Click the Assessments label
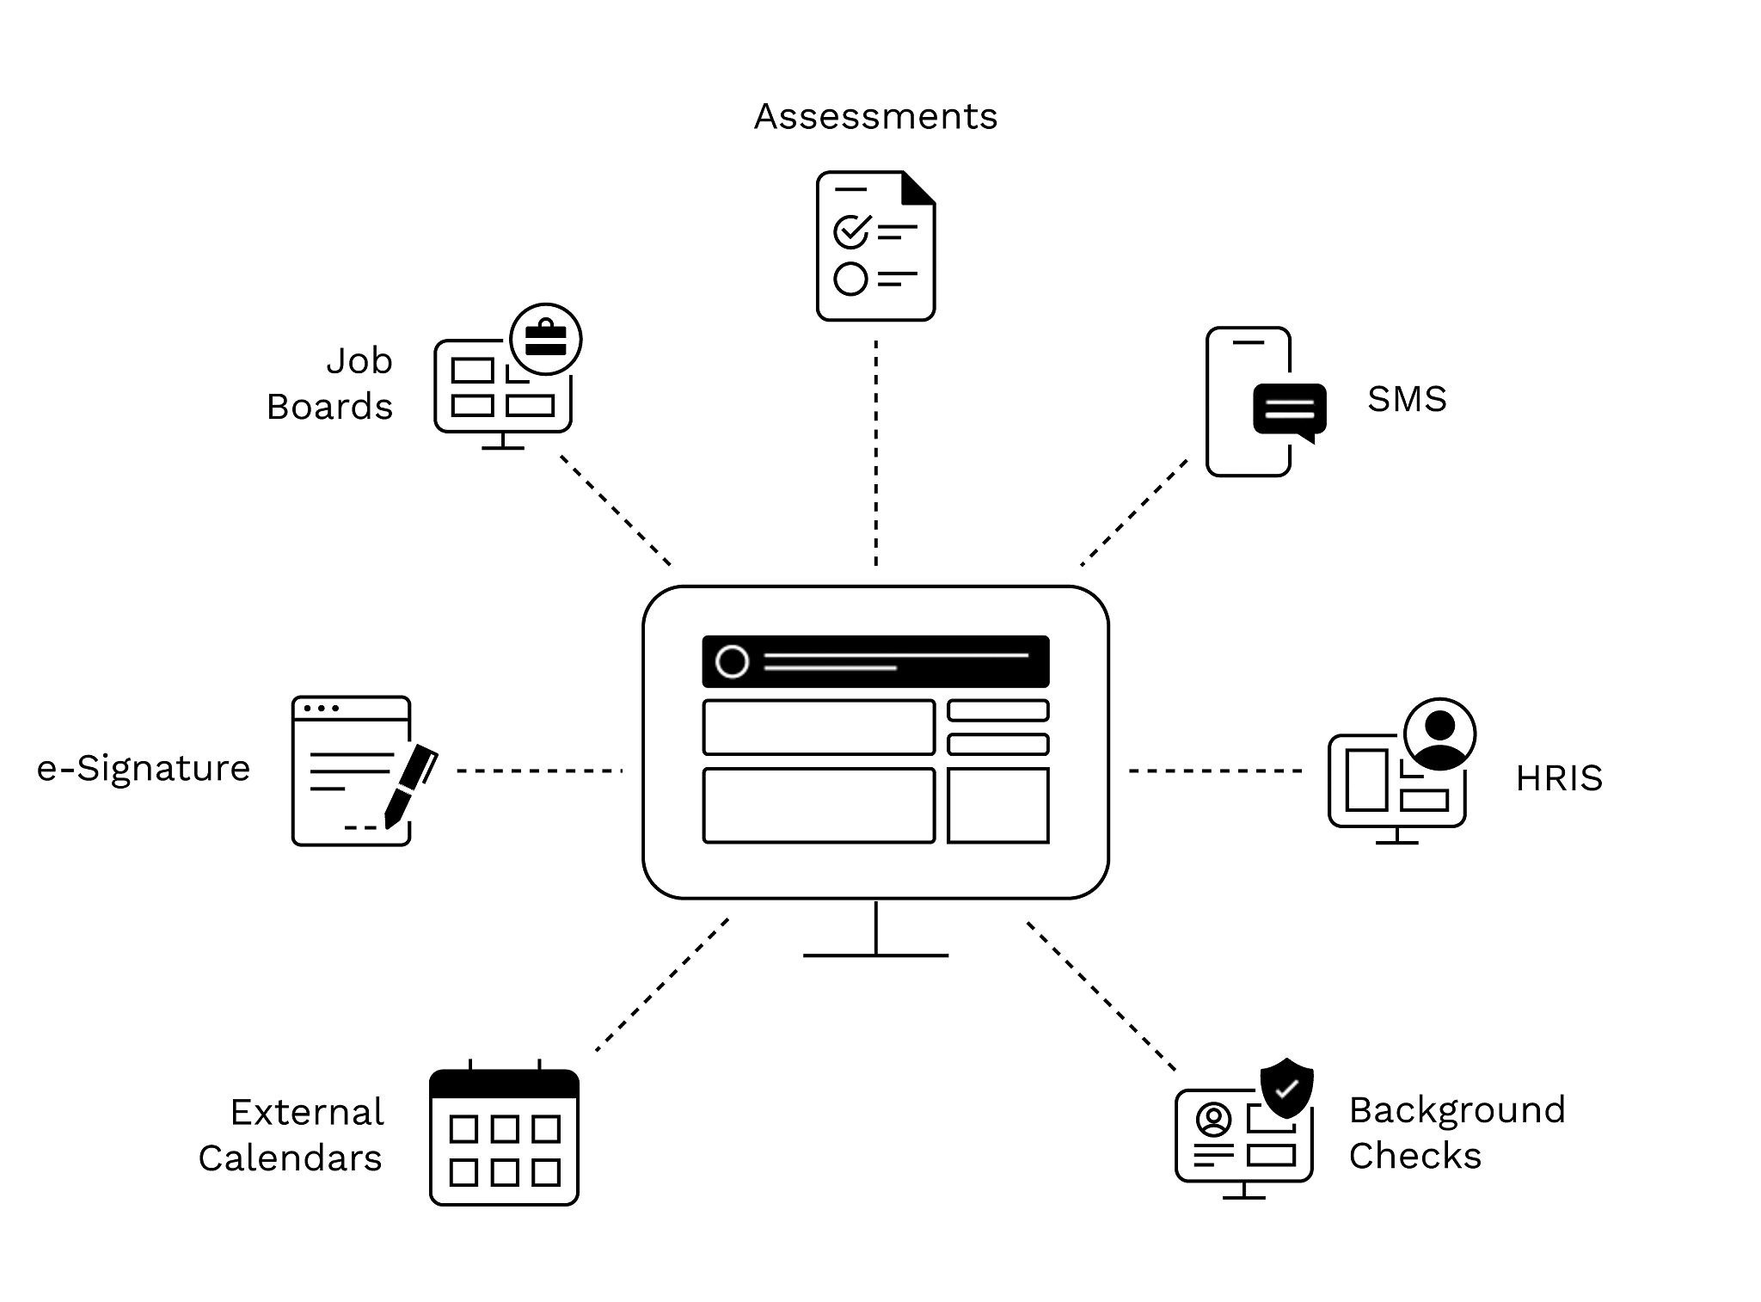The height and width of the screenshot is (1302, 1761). click(x=875, y=117)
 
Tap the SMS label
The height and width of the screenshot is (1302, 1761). click(x=1407, y=400)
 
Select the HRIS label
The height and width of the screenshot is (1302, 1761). click(x=1559, y=778)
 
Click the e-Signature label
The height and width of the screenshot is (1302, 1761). click(x=143, y=769)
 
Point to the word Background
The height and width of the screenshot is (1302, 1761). click(x=1457, y=1110)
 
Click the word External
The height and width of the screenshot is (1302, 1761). click(x=307, y=1113)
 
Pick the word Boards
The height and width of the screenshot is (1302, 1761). click(x=330, y=407)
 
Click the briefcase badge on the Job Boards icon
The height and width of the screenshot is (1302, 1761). click(x=546, y=338)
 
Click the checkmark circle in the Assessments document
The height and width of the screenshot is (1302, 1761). click(x=851, y=230)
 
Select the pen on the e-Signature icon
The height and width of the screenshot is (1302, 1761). click(x=410, y=784)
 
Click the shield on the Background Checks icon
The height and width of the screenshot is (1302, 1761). click(x=1286, y=1086)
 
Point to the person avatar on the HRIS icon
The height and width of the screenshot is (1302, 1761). click(x=1439, y=734)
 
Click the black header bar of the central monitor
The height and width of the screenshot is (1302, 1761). click(x=875, y=660)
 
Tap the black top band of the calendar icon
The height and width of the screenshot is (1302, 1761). click(x=504, y=1084)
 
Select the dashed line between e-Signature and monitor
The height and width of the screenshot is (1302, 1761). click(x=539, y=770)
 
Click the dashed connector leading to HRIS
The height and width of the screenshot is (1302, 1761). click(x=1215, y=770)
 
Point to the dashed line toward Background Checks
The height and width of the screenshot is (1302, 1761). click(x=1101, y=996)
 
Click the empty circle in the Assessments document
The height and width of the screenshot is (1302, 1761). click(x=851, y=279)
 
